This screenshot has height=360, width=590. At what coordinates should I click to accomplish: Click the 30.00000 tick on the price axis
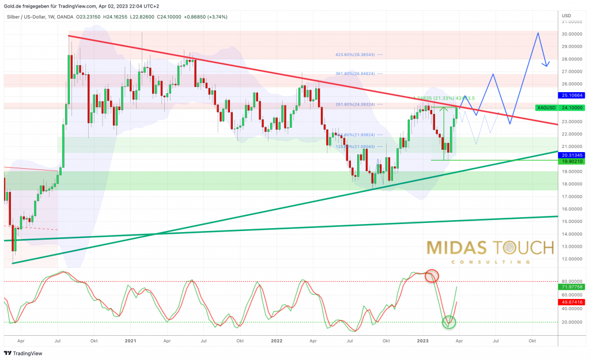(x=573, y=34)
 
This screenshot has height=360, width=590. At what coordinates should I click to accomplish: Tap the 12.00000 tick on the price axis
(x=573, y=259)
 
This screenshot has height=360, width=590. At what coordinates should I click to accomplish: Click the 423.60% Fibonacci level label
(x=355, y=55)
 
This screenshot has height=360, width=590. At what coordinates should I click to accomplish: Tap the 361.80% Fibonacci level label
(x=355, y=74)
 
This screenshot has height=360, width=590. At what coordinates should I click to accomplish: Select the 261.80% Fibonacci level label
(x=355, y=104)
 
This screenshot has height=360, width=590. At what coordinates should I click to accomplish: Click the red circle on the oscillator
(x=431, y=276)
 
